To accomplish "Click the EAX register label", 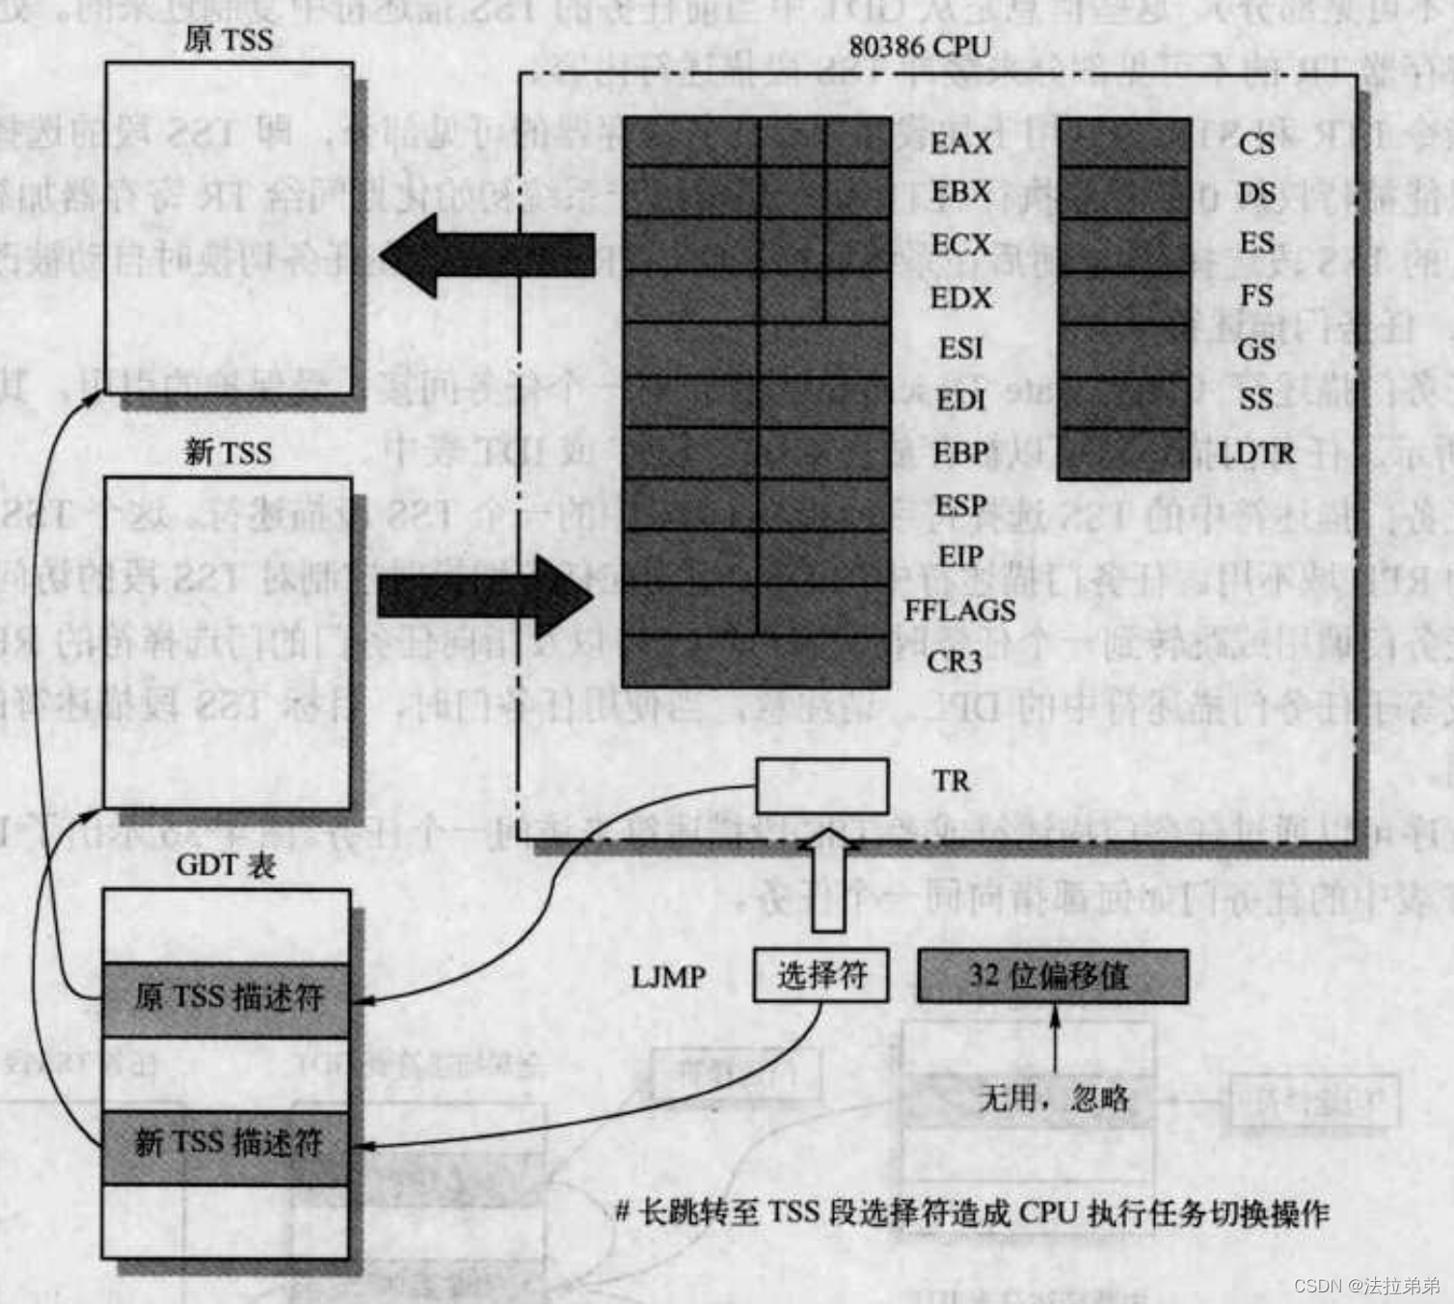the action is click(960, 143).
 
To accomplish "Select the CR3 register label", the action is click(954, 662).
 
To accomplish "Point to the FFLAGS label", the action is click(959, 611).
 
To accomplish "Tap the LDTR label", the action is click(1255, 452).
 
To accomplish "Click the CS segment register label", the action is click(1256, 144).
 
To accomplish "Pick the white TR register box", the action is click(821, 786).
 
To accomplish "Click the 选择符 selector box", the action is click(821, 975).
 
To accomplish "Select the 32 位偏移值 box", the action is click(1052, 975).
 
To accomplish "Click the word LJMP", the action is click(668, 977).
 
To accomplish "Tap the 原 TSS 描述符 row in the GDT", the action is click(227, 997).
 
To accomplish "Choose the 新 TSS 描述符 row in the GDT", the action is click(227, 1145).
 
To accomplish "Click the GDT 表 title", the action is click(226, 864).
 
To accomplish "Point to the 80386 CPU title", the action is click(919, 46).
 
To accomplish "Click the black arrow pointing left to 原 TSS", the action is click(487, 256).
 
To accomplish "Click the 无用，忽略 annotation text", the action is click(1053, 1098).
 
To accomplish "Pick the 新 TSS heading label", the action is click(228, 451).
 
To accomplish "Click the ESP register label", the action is click(960, 505).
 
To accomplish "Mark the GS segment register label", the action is click(1256, 348).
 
